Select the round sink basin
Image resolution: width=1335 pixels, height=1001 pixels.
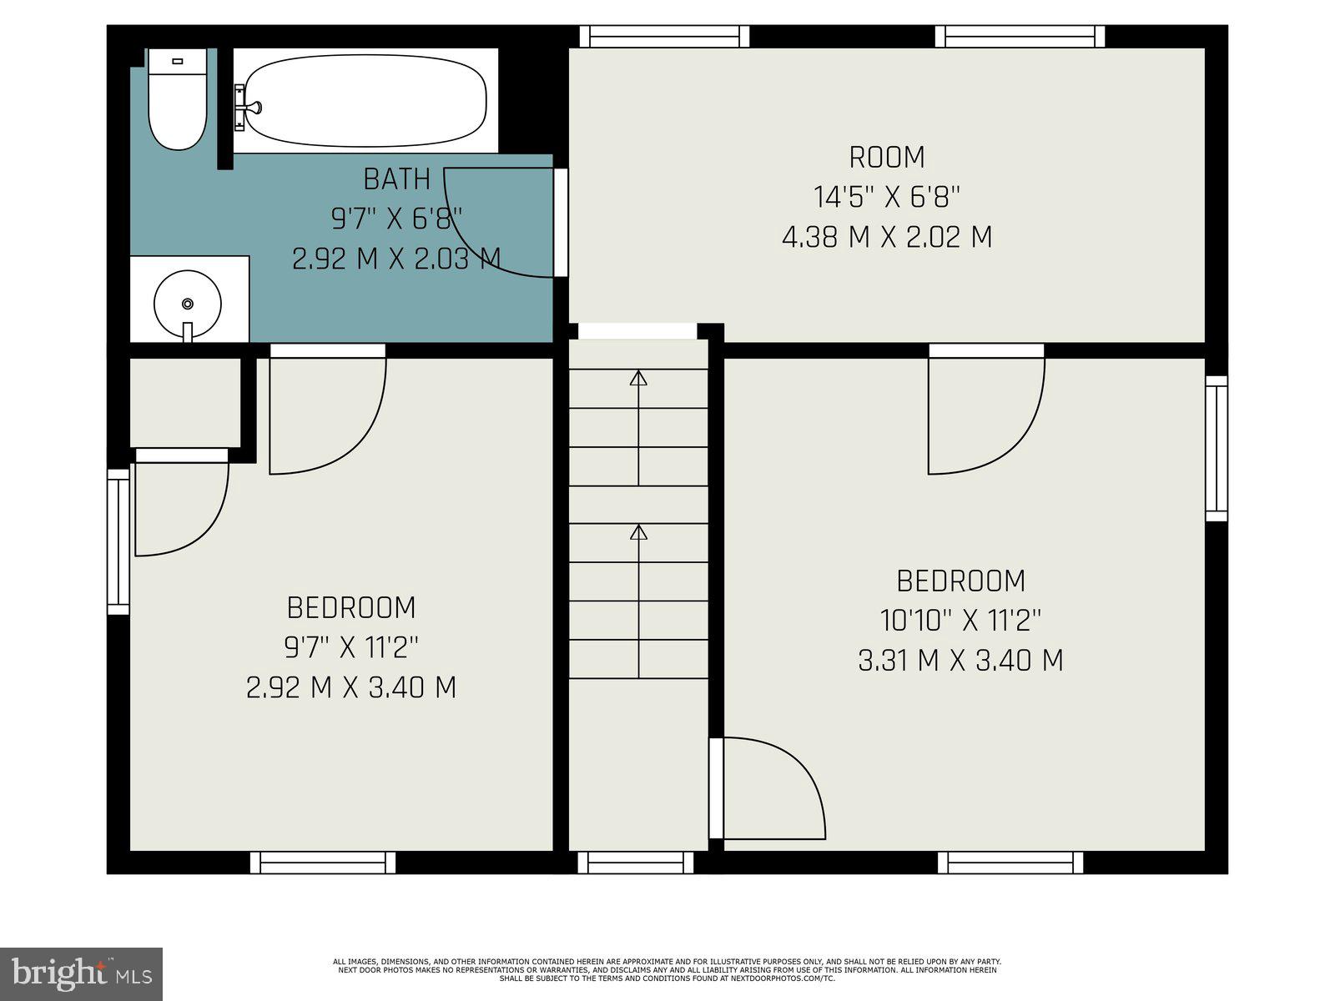188,304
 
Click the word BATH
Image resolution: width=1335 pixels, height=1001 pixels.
397,179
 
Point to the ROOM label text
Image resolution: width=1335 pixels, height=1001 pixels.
887,158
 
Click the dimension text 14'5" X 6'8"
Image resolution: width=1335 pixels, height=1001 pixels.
887,198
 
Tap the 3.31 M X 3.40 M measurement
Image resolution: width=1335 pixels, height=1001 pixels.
960,661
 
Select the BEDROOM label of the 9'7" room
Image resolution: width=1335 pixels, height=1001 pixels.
351,607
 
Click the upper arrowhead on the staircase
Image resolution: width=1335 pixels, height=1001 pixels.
638,378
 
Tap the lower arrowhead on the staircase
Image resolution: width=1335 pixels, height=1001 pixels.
638,532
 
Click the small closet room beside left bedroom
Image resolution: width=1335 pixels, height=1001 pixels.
184,402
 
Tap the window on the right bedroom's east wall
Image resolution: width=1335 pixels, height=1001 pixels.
1217,449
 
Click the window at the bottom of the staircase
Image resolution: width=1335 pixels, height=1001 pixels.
636,863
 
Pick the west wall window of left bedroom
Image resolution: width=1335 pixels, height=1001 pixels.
118,541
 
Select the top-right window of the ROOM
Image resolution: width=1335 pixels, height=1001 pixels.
1020,36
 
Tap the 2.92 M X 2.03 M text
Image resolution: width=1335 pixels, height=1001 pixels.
397,259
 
